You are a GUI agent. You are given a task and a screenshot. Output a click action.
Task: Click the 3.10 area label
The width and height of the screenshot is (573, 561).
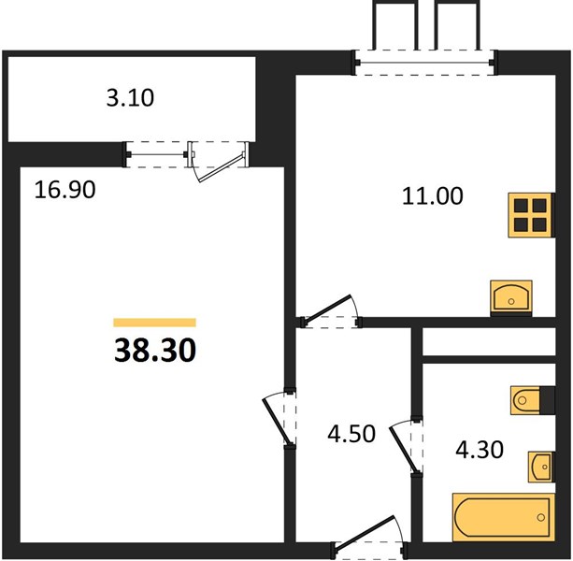130,98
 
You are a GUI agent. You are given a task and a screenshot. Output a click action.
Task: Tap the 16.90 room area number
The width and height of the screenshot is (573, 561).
65,190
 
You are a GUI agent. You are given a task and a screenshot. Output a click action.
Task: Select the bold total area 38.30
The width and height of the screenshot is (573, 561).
155,350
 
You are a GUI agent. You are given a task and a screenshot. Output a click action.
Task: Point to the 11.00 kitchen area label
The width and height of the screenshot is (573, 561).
432,196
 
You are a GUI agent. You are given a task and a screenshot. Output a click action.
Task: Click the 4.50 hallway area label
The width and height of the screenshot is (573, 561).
351,434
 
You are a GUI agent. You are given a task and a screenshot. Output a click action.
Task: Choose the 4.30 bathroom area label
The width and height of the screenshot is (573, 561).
480,450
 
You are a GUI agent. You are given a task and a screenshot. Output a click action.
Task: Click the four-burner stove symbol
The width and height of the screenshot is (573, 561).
531,215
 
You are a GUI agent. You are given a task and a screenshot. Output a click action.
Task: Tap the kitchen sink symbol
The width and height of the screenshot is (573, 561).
511,298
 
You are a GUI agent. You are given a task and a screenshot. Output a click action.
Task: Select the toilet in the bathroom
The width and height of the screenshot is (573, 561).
525,400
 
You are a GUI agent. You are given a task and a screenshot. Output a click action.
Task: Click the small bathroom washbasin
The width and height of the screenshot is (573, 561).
540,467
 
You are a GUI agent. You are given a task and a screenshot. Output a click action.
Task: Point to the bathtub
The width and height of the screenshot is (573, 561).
504,517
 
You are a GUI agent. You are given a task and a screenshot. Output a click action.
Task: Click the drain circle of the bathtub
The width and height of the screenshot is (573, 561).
541,517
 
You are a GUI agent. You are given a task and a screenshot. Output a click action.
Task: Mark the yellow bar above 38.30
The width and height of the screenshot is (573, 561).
155,323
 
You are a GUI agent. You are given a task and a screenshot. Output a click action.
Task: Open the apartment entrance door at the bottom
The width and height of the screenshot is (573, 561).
368,538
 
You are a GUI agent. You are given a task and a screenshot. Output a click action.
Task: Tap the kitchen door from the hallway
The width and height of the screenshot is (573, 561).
331,310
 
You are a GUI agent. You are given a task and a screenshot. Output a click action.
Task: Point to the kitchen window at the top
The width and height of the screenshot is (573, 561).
424,63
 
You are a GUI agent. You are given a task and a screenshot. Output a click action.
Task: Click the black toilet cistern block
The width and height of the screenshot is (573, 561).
547,400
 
